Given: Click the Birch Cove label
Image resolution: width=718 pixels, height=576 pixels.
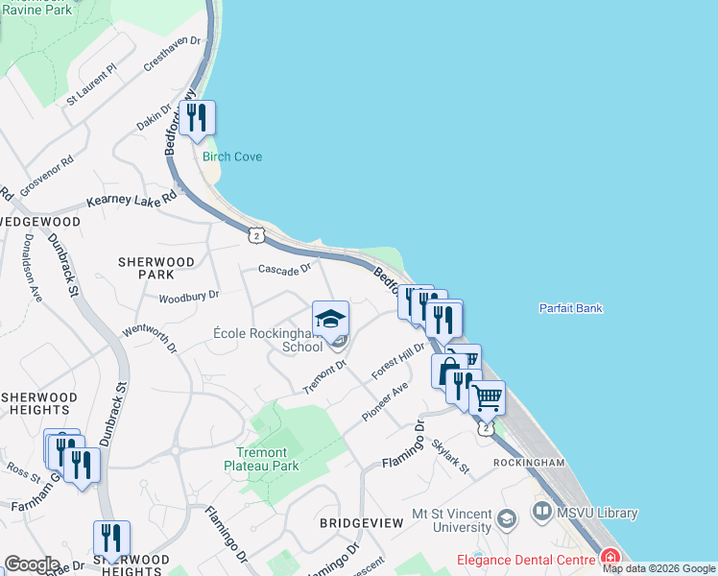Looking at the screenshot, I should (x=231, y=156).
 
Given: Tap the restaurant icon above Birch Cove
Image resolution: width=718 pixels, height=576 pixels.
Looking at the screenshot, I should (x=197, y=119).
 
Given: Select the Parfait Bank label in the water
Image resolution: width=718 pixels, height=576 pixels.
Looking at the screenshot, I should (x=570, y=308).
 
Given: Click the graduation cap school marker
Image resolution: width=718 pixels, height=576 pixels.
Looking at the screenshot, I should (x=330, y=319).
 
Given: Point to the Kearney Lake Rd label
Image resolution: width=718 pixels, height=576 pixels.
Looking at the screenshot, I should (x=132, y=199).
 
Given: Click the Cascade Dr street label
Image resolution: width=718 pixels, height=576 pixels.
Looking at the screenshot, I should (x=285, y=270).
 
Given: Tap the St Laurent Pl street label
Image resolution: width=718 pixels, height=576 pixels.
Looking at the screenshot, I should (x=91, y=84).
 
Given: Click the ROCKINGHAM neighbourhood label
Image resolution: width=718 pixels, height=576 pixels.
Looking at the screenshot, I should (x=529, y=463).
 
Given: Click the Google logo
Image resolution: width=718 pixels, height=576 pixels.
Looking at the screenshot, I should (x=31, y=564).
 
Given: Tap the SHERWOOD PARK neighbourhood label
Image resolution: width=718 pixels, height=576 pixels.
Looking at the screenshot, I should (x=156, y=268).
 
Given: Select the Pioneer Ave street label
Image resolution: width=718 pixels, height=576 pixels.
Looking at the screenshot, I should (x=386, y=401).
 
